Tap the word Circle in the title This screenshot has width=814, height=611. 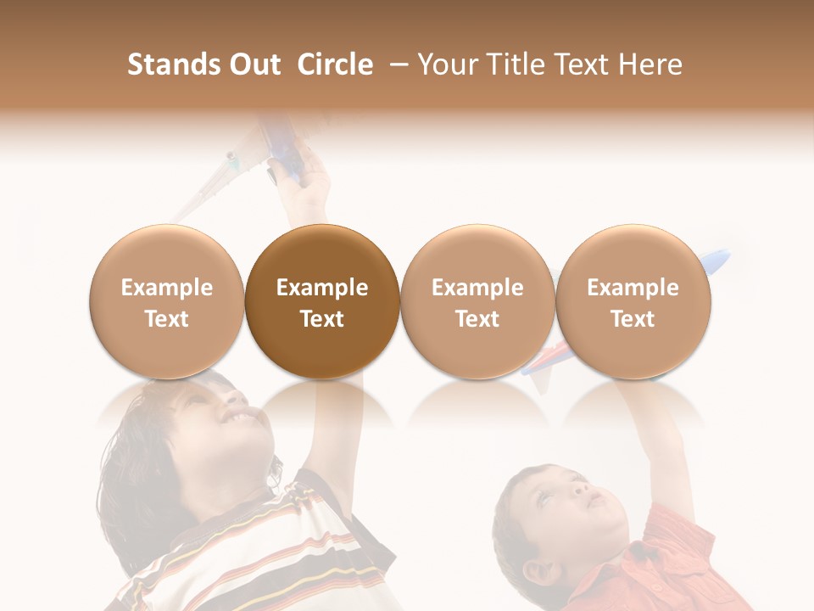click(x=335, y=64)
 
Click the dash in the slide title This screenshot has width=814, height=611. click(x=397, y=65)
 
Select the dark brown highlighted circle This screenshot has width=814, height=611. click(x=322, y=301)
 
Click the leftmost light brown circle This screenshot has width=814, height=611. click(x=166, y=301)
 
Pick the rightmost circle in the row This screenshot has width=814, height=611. click(x=633, y=301)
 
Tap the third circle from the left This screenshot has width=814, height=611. click(x=477, y=301)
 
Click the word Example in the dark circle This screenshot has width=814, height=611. click(x=322, y=288)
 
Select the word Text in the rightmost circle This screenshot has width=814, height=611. click(x=633, y=319)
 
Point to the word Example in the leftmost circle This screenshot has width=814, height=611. click(x=166, y=288)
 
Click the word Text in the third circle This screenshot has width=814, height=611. click(x=477, y=319)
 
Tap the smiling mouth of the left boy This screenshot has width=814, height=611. click(x=243, y=418)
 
